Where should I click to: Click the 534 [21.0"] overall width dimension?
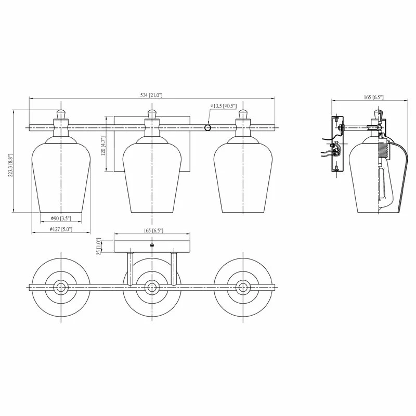[151, 95]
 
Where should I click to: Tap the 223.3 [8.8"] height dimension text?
[10, 165]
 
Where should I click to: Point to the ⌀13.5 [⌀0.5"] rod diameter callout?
[224, 106]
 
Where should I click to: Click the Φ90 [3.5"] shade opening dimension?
[61, 218]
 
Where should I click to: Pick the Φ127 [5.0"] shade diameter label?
[61, 229]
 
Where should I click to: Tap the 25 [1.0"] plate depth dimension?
[99, 246]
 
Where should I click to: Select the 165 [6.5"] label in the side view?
[373, 97]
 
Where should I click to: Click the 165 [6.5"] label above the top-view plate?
[153, 230]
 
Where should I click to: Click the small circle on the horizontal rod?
[207, 128]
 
